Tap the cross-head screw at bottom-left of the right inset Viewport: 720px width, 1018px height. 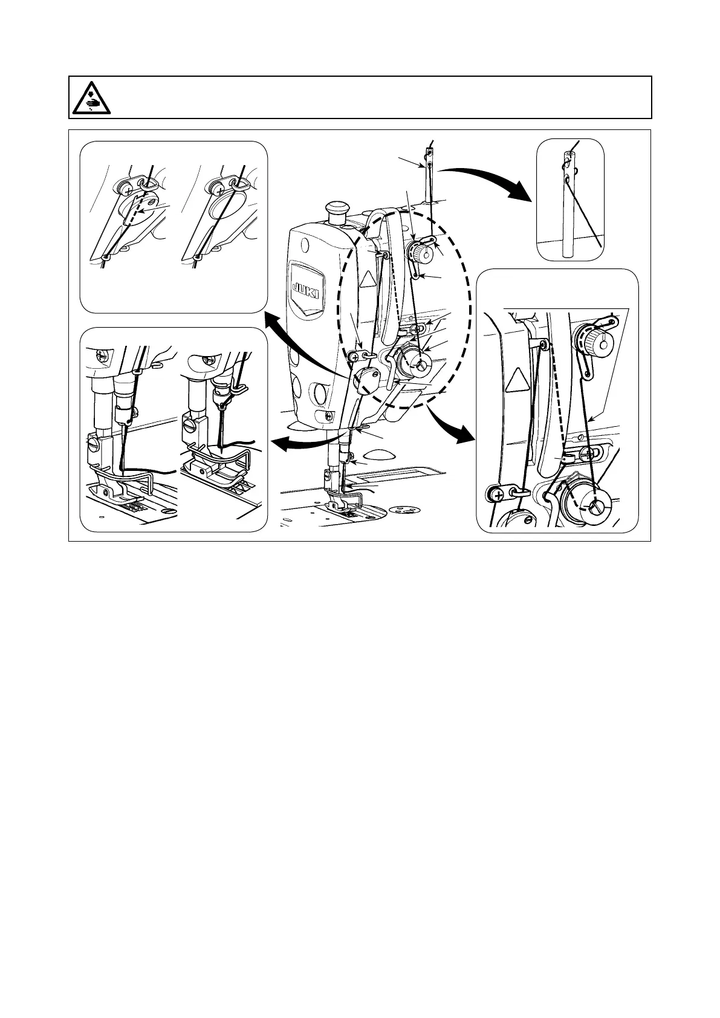(497, 496)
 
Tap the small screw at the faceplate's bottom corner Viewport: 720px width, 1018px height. (329, 415)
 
